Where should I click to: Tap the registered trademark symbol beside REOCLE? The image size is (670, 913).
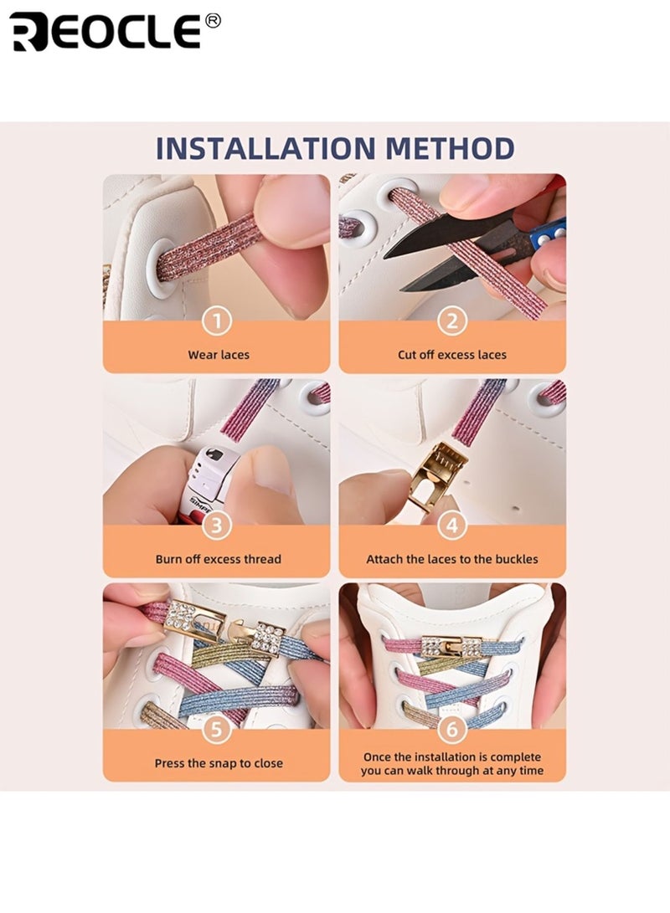[214, 20]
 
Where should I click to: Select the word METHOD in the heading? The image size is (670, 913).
[450, 148]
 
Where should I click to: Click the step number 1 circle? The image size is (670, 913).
[217, 321]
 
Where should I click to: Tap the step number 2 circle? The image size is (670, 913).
[452, 321]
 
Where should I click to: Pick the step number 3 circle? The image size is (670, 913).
[217, 526]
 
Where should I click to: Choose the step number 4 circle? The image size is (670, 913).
[452, 526]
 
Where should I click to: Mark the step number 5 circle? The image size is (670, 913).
[217, 729]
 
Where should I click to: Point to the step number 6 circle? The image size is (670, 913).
[452, 729]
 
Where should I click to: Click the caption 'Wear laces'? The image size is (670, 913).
[219, 355]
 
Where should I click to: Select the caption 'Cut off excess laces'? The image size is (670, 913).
[452, 355]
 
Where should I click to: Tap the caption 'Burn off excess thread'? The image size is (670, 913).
[219, 559]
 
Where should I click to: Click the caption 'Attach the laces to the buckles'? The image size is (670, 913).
[452, 559]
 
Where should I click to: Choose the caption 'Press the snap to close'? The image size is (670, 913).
[219, 763]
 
